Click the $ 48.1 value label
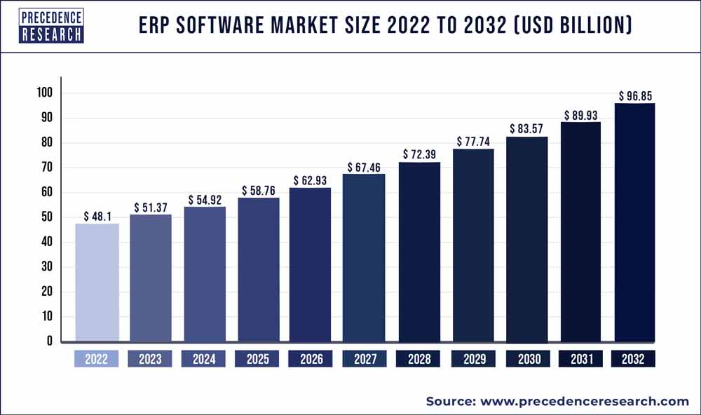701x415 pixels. [97, 217]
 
